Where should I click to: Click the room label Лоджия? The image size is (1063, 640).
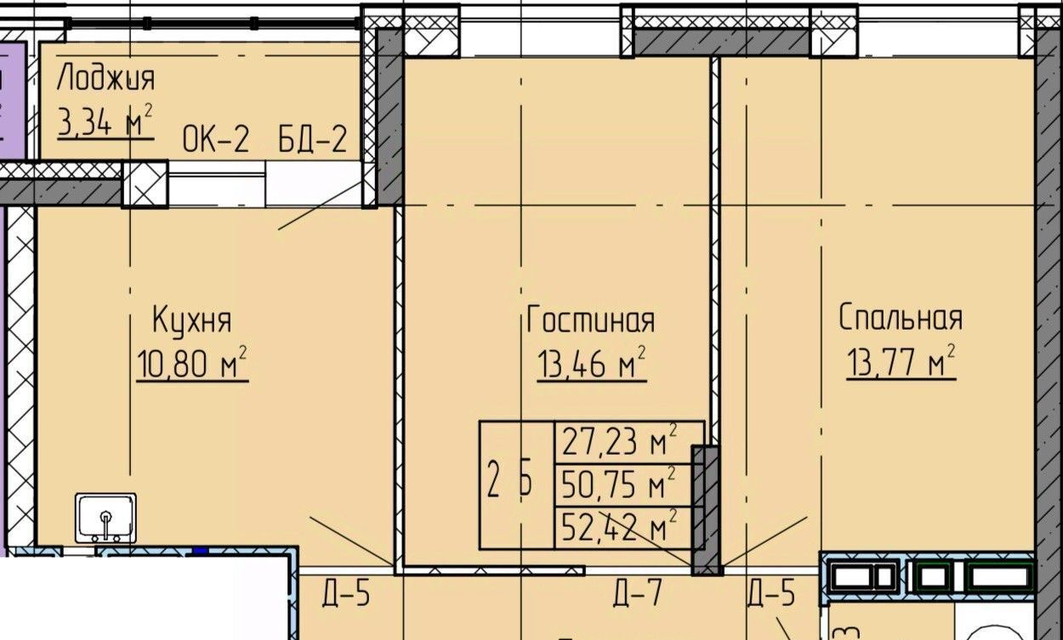pyautogui.click(x=105, y=77)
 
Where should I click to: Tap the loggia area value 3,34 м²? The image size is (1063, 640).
pyautogui.click(x=105, y=121)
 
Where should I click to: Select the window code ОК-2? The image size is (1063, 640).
pyautogui.click(x=215, y=139)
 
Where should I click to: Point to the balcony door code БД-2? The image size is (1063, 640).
pyautogui.click(x=312, y=139)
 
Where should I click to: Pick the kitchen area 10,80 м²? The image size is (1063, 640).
pyautogui.click(x=192, y=362)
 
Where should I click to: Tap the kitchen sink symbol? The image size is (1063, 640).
pyautogui.click(x=105, y=518)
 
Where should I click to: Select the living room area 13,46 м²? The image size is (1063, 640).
pyautogui.click(x=592, y=362)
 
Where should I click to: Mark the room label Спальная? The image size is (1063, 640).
pyautogui.click(x=901, y=317)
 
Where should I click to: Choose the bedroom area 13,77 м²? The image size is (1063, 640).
pyautogui.click(x=901, y=361)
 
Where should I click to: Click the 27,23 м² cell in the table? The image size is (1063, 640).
pyautogui.click(x=630, y=442)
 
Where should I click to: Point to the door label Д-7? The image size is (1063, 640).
pyautogui.click(x=637, y=593)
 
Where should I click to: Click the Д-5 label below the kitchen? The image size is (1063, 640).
pyautogui.click(x=345, y=593)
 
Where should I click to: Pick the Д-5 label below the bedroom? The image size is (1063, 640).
pyautogui.click(x=771, y=593)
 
